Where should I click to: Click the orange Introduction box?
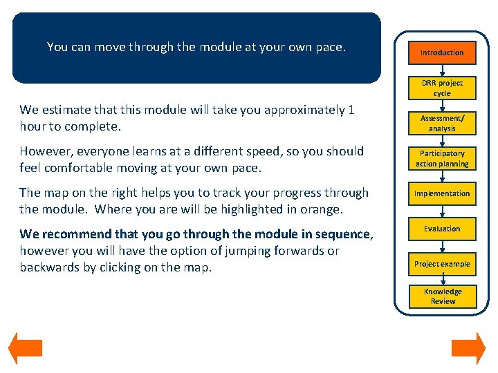tap(442, 52)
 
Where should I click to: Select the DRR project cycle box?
tap(442, 88)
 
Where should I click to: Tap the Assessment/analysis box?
tap(442, 124)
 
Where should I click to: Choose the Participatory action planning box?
tap(442, 159)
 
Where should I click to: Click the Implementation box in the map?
tap(442, 194)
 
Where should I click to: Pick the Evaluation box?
tap(442, 229)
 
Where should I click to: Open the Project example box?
tap(442, 264)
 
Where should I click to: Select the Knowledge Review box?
tap(442, 296)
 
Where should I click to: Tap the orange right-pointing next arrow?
tap(468, 348)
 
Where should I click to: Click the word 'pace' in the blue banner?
tap(329, 48)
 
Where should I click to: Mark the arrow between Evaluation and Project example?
tap(442, 247)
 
